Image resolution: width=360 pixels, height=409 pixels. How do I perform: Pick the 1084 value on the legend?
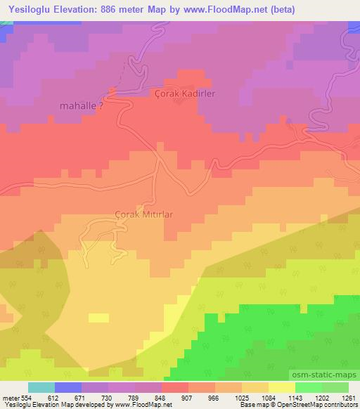click(x=267, y=397)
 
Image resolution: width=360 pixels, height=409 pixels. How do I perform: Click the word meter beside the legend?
click(x=10, y=397)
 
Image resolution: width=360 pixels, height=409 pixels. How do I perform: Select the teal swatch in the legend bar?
click(x=41, y=387)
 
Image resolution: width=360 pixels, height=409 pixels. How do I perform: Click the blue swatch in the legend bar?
click(x=67, y=387)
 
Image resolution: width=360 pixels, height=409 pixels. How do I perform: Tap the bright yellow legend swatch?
click(x=282, y=387)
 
